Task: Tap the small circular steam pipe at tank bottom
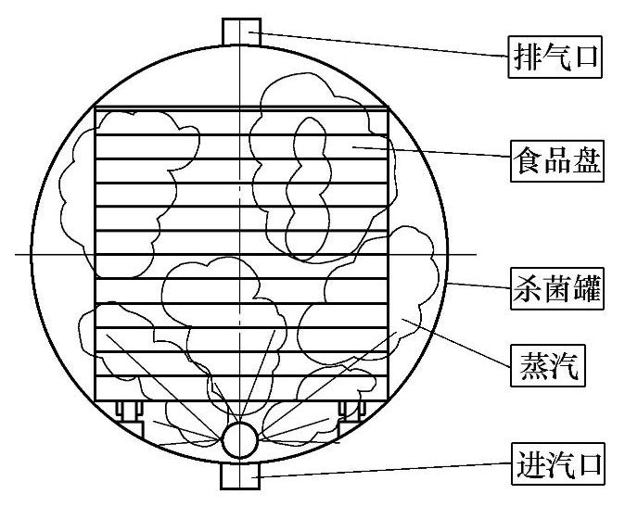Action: pos(240,439)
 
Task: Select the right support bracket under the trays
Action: pos(353,409)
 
